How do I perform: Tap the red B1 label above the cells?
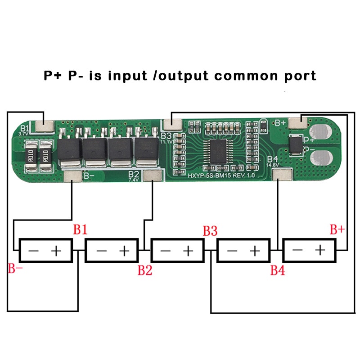tap(80, 230)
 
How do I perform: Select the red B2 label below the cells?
tap(145, 270)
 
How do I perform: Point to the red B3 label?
tap(210, 231)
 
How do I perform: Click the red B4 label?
tap(278, 270)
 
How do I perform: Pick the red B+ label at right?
tap(337, 230)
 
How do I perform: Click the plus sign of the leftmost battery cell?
tap(57, 250)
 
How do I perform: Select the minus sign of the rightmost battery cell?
tap(297, 250)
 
